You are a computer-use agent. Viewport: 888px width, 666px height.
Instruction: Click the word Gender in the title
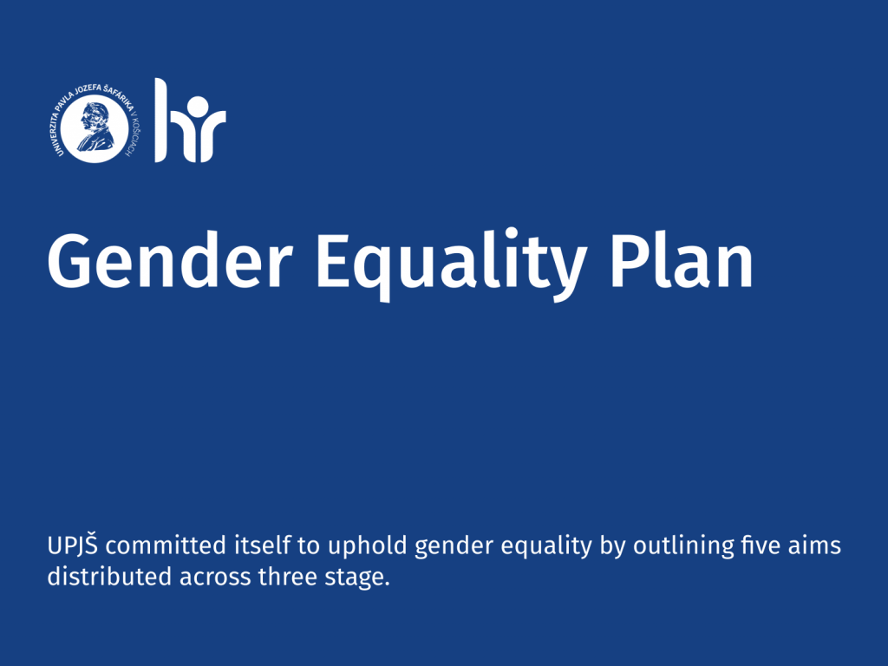coord(170,259)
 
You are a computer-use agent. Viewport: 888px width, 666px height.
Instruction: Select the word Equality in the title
coord(451,264)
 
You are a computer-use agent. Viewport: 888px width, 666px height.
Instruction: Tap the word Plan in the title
coord(682,258)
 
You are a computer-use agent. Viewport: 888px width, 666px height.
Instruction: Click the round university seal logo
coord(95,123)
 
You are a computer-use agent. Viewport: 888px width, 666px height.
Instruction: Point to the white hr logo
coord(190,120)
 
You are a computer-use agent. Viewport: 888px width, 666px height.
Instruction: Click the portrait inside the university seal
coord(95,127)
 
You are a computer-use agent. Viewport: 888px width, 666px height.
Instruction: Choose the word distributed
coord(109,577)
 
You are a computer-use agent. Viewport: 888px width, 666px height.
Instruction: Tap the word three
coord(287,577)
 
